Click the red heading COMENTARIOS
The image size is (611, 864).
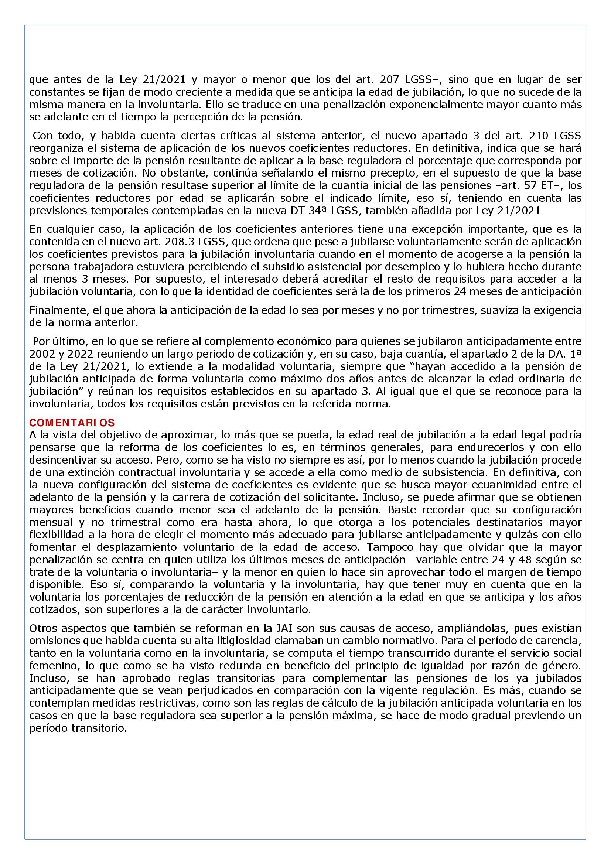pos(72,422)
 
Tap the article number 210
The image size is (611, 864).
pos(540,136)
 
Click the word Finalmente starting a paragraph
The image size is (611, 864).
pos(56,310)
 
